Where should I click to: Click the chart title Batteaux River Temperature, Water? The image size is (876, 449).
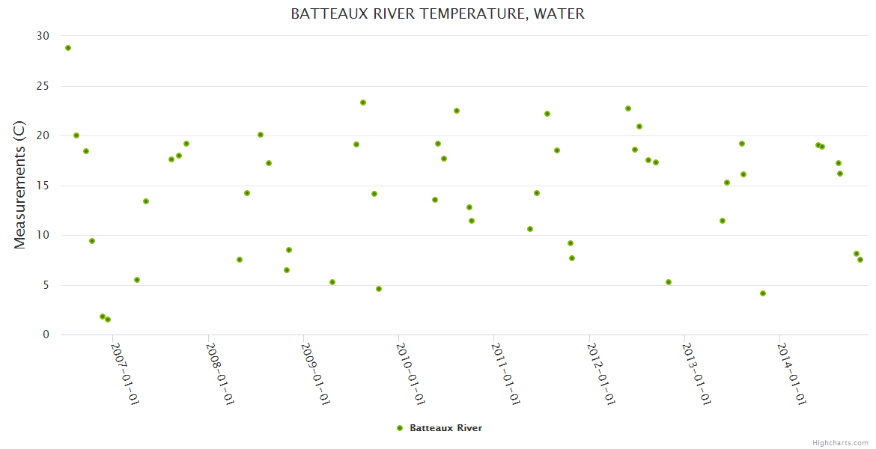[x=437, y=14]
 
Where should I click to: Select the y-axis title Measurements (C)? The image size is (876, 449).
[x=20, y=186]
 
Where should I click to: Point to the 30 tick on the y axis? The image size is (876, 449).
[x=43, y=36]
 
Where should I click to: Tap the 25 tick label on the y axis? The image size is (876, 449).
[x=43, y=86]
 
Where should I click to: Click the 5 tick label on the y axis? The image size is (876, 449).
[x=46, y=285]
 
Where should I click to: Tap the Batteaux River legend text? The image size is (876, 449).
[x=445, y=428]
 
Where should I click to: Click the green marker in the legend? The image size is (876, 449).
[x=400, y=428]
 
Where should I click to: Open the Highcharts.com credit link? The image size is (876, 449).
[x=840, y=442]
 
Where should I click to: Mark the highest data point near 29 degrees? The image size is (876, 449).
[x=68, y=48]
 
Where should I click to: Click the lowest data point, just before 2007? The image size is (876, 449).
[x=108, y=320]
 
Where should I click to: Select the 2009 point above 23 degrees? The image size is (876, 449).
[x=363, y=103]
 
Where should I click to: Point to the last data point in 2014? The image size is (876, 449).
[x=860, y=260]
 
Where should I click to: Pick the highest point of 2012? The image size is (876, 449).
[x=628, y=109]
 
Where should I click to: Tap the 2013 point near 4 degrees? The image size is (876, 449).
[x=763, y=293]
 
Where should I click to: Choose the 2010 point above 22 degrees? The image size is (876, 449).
[x=457, y=111]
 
